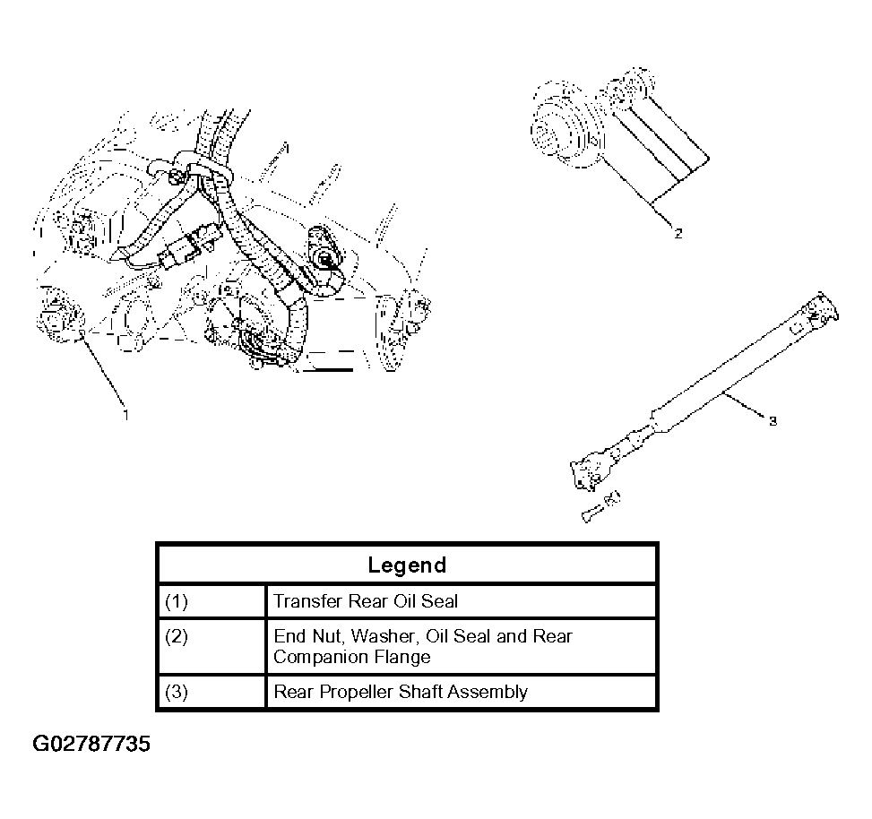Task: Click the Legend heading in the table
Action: tap(407, 565)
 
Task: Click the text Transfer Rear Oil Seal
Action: tap(366, 601)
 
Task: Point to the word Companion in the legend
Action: tap(321, 657)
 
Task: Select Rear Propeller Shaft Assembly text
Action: tap(401, 692)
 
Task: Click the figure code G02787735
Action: tap(91, 744)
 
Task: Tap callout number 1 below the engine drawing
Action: tap(126, 415)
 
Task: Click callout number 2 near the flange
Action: tap(678, 234)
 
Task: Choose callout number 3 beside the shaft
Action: tap(773, 421)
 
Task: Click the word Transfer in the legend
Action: tap(307, 601)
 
